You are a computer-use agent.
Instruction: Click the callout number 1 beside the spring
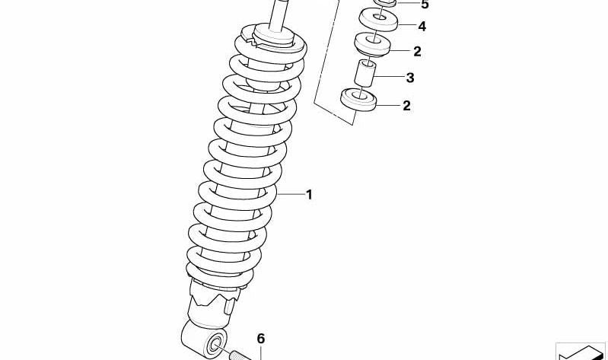click(309, 195)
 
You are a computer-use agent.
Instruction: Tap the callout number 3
click(409, 78)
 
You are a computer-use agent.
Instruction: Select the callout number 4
click(421, 27)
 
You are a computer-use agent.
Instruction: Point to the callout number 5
click(424, 5)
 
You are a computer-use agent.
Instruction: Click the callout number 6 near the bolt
click(259, 339)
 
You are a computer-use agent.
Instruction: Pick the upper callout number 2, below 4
click(416, 52)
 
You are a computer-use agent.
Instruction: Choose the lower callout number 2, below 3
click(406, 106)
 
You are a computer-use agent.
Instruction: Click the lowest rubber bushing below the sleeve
click(359, 100)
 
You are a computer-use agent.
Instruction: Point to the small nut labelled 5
click(387, 3)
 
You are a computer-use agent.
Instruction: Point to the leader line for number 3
click(390, 78)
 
